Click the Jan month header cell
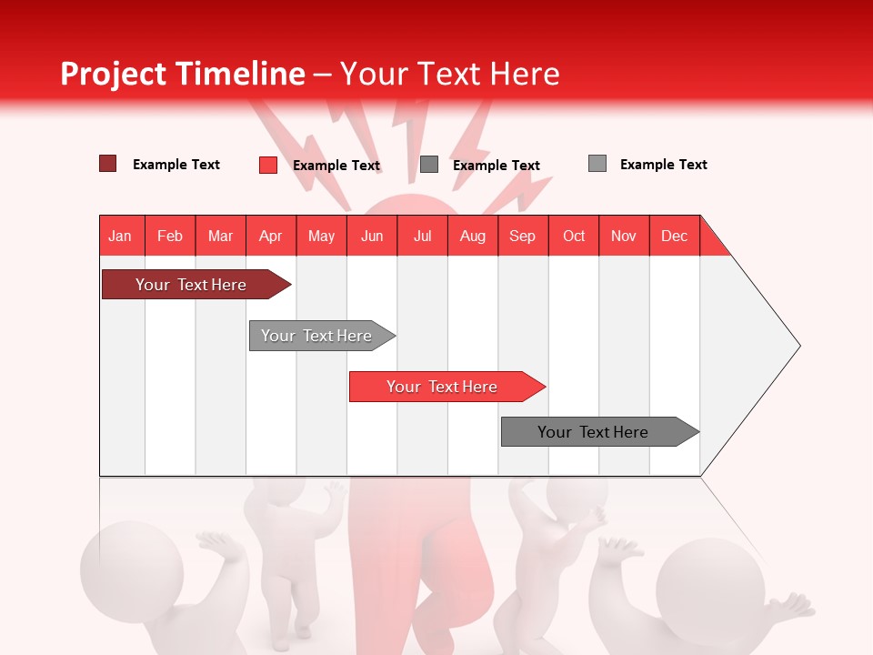(121, 236)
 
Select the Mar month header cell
(220, 236)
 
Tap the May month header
(321, 236)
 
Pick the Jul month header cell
(422, 236)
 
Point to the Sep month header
(522, 236)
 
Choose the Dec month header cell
(674, 236)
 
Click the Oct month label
(574, 236)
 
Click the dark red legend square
(108, 164)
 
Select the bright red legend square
(268, 165)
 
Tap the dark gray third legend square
(429, 165)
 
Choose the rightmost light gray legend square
(597, 164)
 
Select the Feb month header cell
(170, 236)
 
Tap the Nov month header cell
(624, 236)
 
